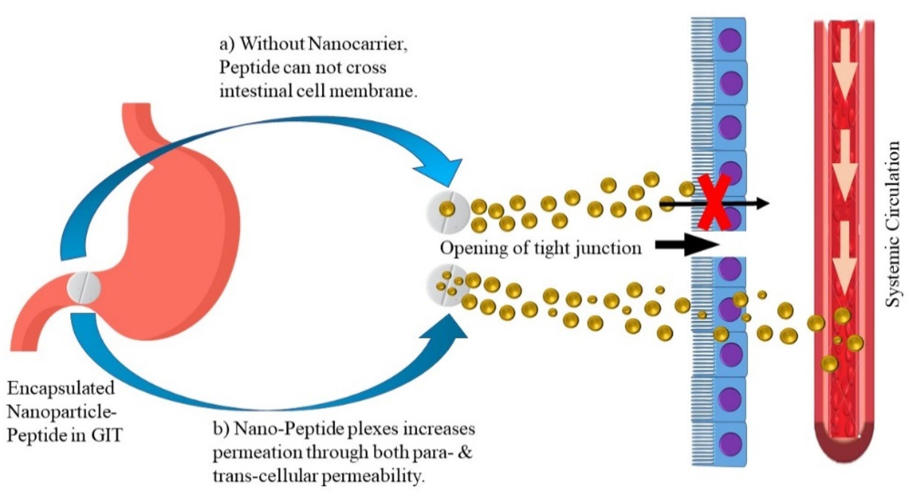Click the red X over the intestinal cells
pos(714,203)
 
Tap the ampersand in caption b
pos(466,453)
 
